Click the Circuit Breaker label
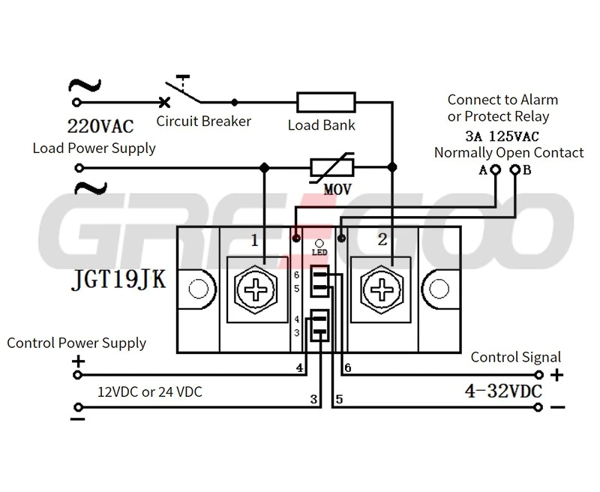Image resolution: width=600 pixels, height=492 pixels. tap(203, 121)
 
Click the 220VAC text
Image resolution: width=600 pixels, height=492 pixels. tap(100, 125)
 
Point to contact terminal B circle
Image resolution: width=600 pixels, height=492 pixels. tap(514, 170)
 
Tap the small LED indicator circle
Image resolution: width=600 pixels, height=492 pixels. tap(319, 244)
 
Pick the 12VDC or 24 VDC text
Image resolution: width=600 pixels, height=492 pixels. tap(150, 391)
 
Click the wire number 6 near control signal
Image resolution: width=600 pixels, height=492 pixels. tap(347, 367)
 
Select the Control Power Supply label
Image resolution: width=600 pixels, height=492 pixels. tap(76, 343)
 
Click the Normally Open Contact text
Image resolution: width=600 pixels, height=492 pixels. tap(508, 153)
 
